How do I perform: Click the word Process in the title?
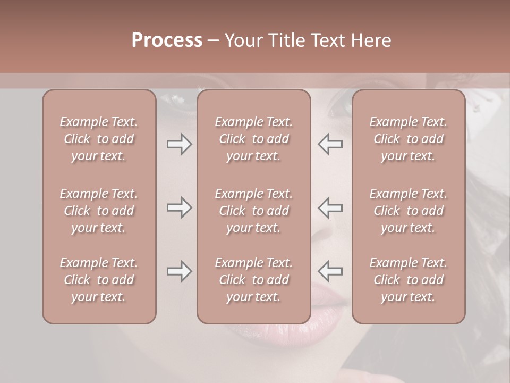tap(167, 40)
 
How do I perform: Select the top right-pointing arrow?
tap(179, 144)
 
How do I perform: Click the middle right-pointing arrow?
tap(179, 207)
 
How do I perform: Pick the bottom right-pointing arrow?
tap(179, 271)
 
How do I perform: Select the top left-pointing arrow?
tap(330, 144)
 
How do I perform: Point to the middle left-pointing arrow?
tap(330, 207)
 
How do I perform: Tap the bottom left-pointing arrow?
tap(330, 271)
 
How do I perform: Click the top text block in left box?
tap(99, 139)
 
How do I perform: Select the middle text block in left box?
tap(99, 211)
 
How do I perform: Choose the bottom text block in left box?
tap(99, 280)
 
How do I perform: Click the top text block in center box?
tap(253, 139)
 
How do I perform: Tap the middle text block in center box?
tap(253, 211)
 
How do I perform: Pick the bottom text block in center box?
tap(253, 280)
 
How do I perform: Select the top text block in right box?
tap(409, 139)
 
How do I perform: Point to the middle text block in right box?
tap(409, 211)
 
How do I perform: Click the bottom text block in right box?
tap(409, 280)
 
